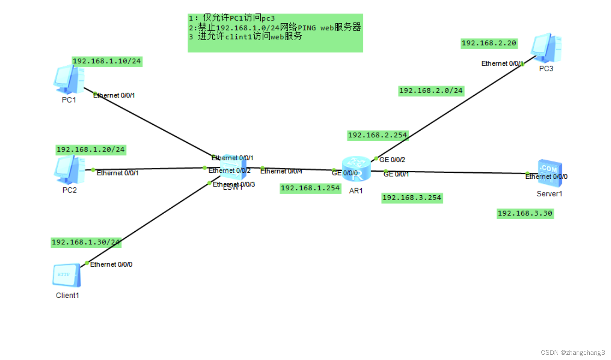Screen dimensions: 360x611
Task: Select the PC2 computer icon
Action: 69,169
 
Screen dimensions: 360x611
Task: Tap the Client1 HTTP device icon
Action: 67,275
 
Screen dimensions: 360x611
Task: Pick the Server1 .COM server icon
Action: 550,172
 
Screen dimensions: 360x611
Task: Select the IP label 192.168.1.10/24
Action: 107,61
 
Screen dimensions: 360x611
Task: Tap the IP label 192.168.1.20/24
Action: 91,150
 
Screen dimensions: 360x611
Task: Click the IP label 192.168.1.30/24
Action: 86,242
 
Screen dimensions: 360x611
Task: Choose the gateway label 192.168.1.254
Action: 310,188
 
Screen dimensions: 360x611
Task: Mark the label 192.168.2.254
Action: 377,135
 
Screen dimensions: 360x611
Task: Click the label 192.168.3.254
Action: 411,198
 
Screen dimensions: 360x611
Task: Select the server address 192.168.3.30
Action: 525,213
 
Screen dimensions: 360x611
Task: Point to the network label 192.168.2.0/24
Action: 431,91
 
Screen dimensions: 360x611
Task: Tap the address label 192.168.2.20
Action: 489,43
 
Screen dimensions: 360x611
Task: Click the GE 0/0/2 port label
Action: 392,160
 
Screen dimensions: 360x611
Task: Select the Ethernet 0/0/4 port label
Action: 281,171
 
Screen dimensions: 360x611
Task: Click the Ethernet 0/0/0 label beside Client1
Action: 111,264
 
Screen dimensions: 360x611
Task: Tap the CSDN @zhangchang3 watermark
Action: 573,352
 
